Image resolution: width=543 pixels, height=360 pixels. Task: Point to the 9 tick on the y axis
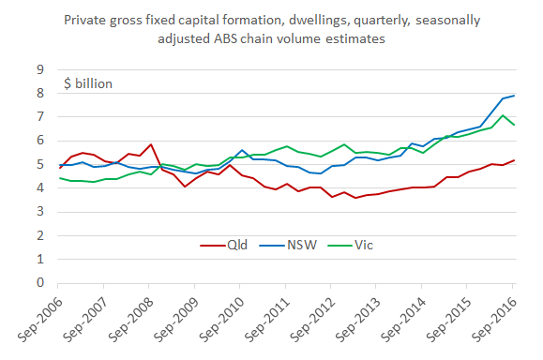[x=39, y=69]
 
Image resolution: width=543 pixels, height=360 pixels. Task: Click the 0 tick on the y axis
[x=39, y=282]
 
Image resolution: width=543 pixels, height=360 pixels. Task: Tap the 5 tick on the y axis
[x=39, y=164]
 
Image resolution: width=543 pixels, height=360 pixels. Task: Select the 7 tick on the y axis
[x=39, y=117]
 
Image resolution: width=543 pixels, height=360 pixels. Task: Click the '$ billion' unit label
[x=88, y=83]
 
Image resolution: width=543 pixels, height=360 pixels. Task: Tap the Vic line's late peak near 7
[x=503, y=115]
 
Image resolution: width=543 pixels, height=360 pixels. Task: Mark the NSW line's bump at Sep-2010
[x=242, y=150]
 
